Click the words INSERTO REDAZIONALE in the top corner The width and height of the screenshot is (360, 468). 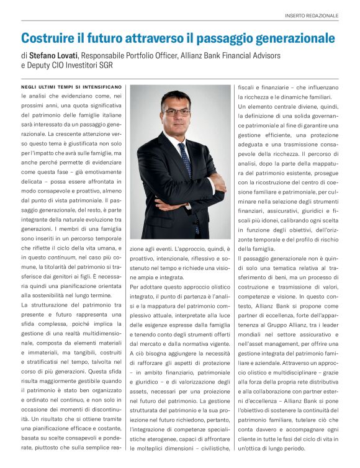[x=312, y=15]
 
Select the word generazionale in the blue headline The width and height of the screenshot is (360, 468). [x=291, y=38]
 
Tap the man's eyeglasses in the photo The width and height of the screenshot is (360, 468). [x=176, y=112]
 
